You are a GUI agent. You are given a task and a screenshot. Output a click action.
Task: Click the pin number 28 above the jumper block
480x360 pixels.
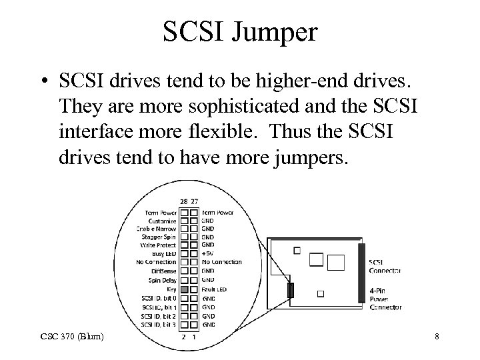(183, 201)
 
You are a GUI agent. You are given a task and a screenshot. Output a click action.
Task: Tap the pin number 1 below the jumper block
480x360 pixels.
(194, 336)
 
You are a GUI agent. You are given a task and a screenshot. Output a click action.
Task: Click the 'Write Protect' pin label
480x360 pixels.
(159, 245)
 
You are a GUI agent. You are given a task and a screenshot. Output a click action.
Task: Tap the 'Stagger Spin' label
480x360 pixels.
(160, 236)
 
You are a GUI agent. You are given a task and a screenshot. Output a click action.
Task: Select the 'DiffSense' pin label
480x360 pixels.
(164, 271)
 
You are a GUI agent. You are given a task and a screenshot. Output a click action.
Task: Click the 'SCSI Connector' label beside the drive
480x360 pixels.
(385, 265)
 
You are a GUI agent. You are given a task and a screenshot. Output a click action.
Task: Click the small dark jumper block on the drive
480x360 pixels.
(291, 290)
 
